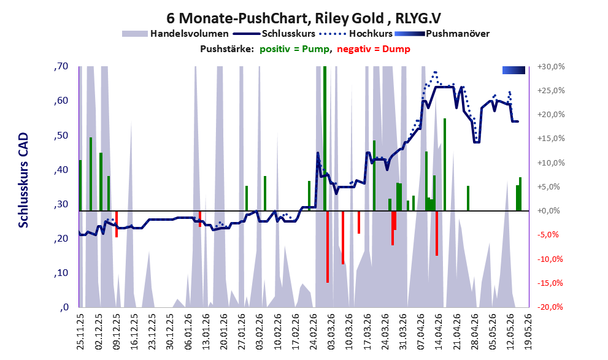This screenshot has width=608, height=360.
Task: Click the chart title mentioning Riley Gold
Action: click(304, 18)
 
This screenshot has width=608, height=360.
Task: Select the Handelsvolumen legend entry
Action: click(175, 34)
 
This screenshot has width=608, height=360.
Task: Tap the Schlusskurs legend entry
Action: click(274, 34)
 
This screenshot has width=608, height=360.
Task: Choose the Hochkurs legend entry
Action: click(356, 34)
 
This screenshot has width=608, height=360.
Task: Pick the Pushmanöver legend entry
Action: click(442, 34)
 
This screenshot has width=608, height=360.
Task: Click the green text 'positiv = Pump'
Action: click(294, 49)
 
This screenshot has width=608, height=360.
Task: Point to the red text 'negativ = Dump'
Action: click(374, 49)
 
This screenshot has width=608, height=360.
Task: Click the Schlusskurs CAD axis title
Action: click(24, 180)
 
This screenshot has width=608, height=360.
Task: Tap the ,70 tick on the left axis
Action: click(61, 66)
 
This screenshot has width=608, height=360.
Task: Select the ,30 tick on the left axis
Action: click(61, 204)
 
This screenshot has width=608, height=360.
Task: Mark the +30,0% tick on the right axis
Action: click(551, 67)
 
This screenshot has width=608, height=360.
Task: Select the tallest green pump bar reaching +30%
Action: click(325, 139)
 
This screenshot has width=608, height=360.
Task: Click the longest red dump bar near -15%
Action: click(328, 247)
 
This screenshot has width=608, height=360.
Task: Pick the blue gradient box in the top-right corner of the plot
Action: click(514, 70)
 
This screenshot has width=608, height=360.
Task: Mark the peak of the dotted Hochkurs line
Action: click(436, 72)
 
